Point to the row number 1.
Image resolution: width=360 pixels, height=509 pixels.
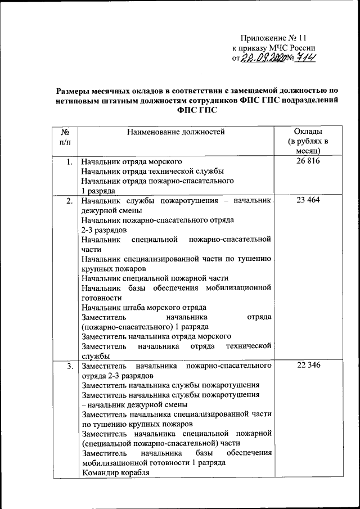(67, 162)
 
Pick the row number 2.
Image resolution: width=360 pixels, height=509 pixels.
(67, 201)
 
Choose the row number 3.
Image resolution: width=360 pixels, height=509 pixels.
(67, 366)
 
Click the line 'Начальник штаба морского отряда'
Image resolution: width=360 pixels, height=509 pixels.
(143, 307)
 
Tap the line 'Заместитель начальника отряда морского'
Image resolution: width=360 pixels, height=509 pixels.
(156, 336)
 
